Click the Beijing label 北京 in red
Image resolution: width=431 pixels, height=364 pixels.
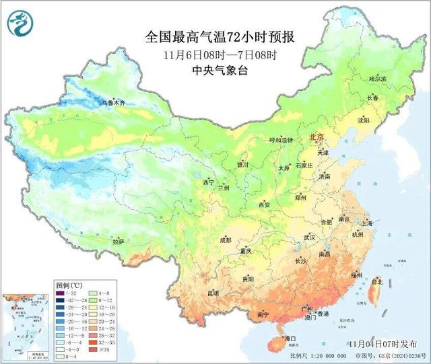click(316, 137)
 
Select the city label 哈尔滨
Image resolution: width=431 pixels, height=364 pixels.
click(378, 79)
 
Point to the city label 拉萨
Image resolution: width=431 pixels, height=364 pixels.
click(118, 241)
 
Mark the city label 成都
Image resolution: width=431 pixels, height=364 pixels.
click(224, 240)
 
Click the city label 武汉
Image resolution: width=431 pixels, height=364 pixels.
click(309, 238)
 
